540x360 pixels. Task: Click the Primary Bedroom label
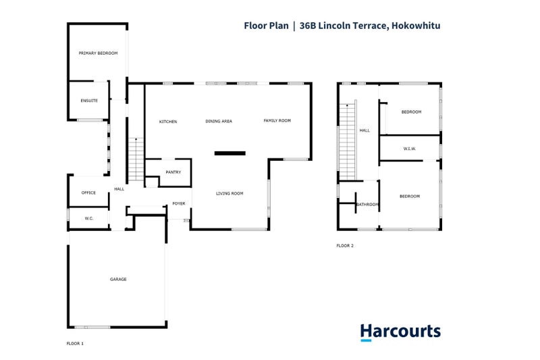pos(98,53)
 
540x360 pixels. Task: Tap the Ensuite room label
pos(89,101)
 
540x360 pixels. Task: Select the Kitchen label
pos(168,122)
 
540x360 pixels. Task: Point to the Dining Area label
pos(219,122)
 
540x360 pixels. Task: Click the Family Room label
pos(277,121)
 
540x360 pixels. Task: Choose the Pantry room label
pos(173,172)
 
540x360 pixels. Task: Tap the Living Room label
pos(230,194)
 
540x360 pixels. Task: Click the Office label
pos(89,193)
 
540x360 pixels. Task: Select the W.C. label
pos(88,218)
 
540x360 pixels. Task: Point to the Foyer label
pos(179,203)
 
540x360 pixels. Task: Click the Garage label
pos(118,279)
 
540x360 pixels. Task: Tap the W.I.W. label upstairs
pos(409,149)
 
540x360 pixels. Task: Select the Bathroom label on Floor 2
pos(367,205)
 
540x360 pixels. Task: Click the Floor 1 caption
pos(75,344)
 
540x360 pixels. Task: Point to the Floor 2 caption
pos(345,246)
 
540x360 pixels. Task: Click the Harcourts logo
pos(400,332)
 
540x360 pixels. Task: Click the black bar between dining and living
pos(230,153)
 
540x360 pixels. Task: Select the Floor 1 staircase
pos(136,159)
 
